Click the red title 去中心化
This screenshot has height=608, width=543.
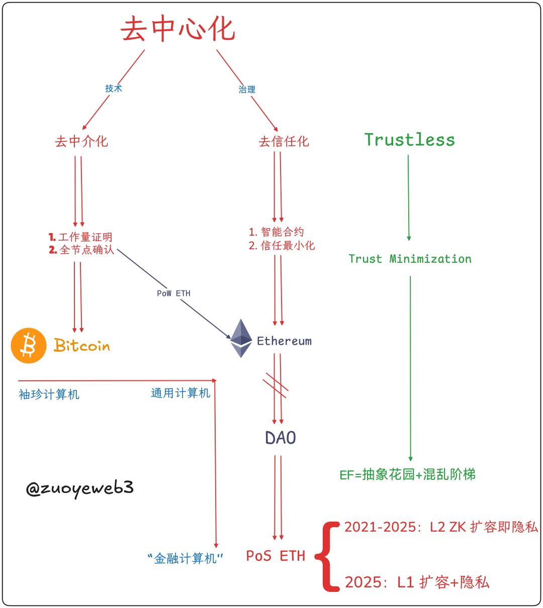[178, 29]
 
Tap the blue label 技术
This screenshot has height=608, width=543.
[114, 88]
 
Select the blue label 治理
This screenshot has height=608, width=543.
[247, 89]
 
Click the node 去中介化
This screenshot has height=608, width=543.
[81, 142]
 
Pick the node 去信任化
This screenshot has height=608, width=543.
[284, 142]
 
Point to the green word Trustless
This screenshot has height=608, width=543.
[409, 140]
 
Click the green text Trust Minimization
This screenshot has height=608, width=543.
[410, 259]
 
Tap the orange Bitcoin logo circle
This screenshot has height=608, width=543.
[29, 346]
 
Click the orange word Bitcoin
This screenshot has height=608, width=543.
[82, 346]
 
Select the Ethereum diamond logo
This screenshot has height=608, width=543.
[241, 338]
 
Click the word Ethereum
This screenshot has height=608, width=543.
[284, 341]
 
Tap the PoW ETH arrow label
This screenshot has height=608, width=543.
[173, 293]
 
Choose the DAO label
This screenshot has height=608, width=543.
[281, 438]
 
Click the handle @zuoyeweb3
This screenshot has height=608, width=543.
[80, 488]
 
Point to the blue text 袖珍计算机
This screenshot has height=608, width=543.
[49, 394]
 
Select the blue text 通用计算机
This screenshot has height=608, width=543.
[180, 393]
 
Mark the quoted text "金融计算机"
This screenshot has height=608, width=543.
[186, 558]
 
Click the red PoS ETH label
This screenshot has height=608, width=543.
[276, 556]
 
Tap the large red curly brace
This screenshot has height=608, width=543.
[330, 556]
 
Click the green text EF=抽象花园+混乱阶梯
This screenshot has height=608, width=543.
[407, 474]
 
